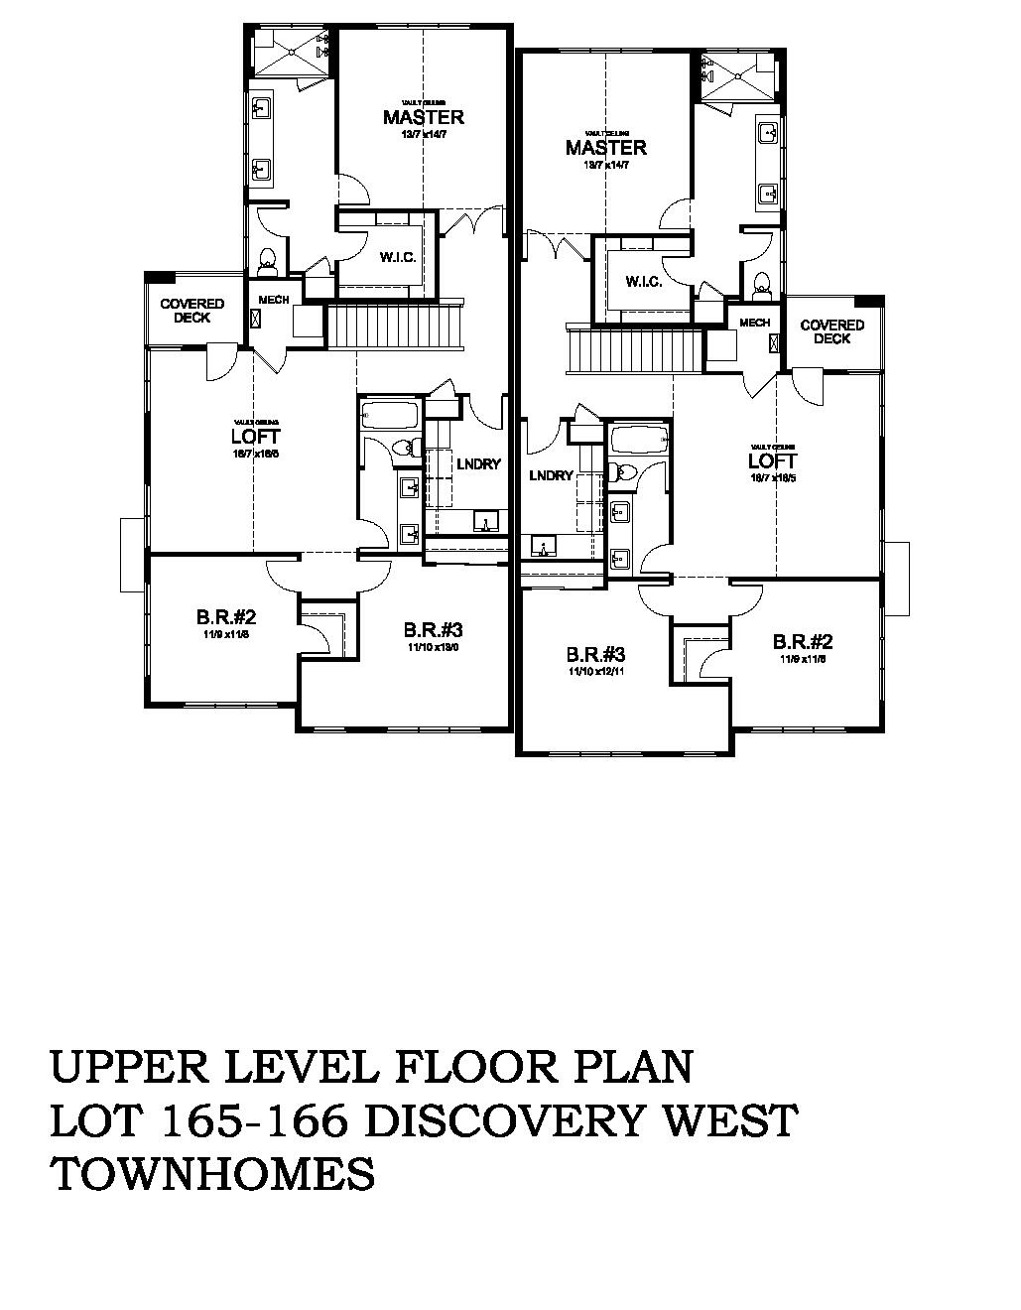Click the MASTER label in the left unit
pyautogui.click(x=424, y=117)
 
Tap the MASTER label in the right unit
pyautogui.click(x=606, y=148)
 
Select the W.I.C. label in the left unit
pyautogui.click(x=397, y=256)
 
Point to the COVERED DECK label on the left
pyautogui.click(x=192, y=311)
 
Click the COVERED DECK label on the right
pyautogui.click(x=831, y=331)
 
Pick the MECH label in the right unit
pyautogui.click(x=754, y=323)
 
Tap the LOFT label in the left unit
pyautogui.click(x=255, y=436)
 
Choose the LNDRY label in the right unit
pyautogui.click(x=551, y=475)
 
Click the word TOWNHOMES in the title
pyautogui.click(x=212, y=1174)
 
